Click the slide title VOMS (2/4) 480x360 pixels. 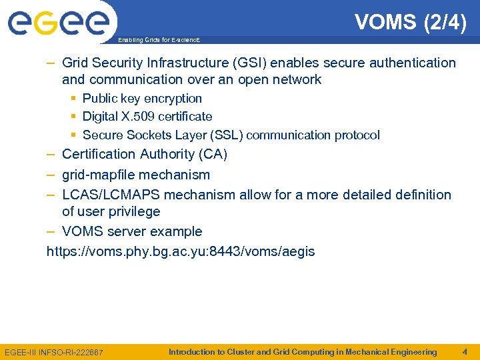coord(411,22)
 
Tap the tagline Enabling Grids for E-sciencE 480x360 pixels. coord(158,41)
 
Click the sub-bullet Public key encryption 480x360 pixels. coord(142,99)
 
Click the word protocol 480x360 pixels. coord(357,135)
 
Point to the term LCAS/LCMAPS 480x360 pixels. coord(111,195)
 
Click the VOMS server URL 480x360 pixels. coord(181,252)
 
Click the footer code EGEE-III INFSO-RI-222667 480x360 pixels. coord(54,352)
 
